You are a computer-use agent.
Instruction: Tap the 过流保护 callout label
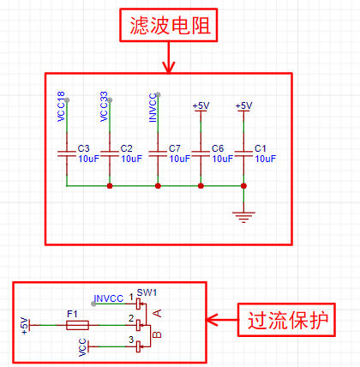point(286,320)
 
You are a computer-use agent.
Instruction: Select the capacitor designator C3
point(83,148)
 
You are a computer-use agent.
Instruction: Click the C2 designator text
point(126,148)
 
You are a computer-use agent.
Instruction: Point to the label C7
point(175,148)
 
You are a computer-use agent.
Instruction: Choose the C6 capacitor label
point(218,148)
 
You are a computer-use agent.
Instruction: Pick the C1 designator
point(260,148)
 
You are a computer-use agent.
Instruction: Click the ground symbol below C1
point(243,217)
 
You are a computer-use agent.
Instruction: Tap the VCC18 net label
point(61,106)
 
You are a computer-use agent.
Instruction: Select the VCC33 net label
point(104,106)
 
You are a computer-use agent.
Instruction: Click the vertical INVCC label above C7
point(153,108)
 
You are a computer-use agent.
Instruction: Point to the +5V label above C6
point(201,105)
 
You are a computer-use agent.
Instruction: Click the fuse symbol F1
point(77,325)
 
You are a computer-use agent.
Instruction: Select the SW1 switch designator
point(147,292)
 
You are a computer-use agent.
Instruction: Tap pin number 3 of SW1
point(131,340)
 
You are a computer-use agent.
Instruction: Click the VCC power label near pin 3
point(82,347)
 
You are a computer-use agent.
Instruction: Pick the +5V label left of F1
point(25,326)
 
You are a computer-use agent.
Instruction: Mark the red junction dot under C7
point(158,186)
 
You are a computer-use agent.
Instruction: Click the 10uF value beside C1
point(266,159)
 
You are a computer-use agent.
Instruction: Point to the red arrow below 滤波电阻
point(169,57)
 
